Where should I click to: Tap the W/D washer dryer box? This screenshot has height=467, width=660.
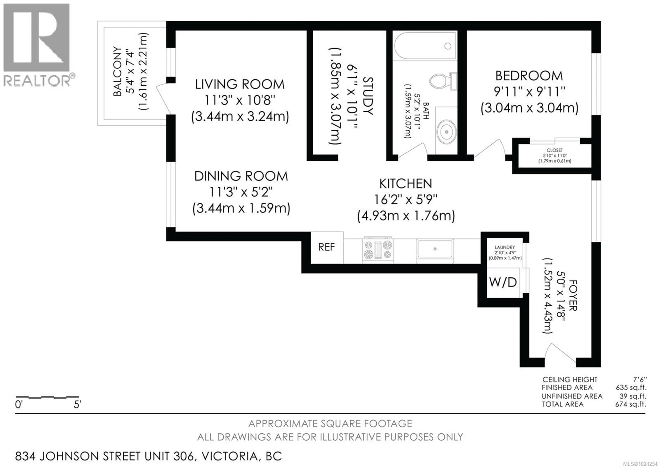click(503, 282)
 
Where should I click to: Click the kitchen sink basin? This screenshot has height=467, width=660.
click(435, 249)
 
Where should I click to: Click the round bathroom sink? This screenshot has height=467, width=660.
click(446, 132)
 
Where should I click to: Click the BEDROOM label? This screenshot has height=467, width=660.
click(529, 76)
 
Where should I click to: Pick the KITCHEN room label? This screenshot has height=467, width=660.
click(406, 184)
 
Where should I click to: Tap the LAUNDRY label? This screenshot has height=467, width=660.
click(505, 247)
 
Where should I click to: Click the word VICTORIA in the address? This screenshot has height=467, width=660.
click(229, 456)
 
